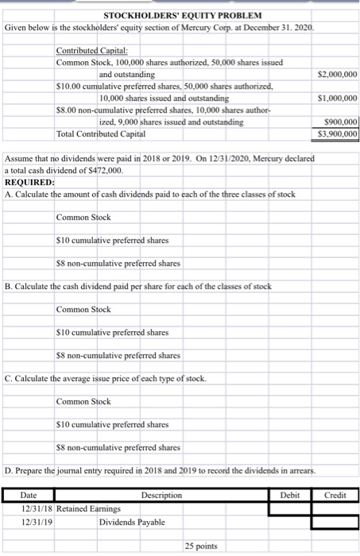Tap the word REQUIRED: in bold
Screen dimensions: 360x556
(x=29, y=182)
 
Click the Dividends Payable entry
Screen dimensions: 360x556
(x=132, y=522)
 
